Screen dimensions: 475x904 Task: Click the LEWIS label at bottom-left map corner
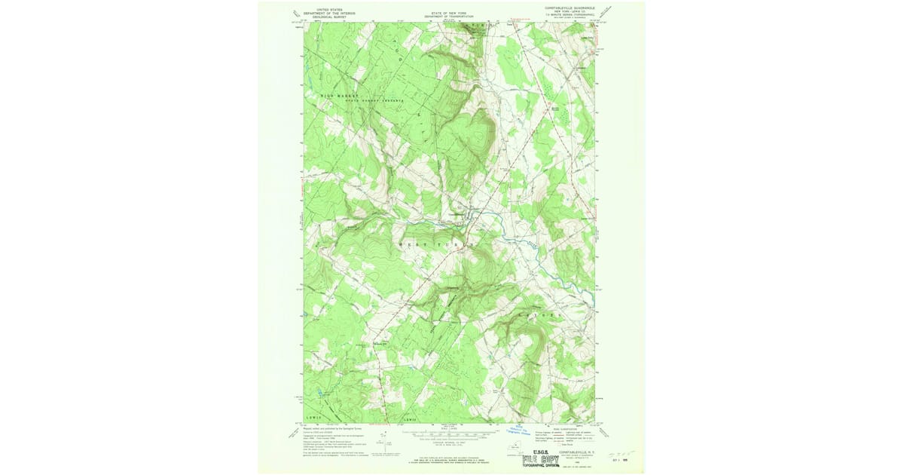[314, 416]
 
